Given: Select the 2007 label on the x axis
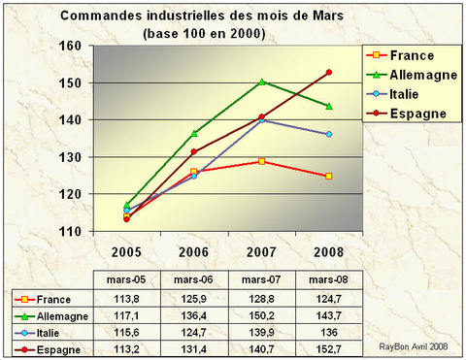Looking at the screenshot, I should (262, 248).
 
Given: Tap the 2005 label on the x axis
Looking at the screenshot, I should (127, 248).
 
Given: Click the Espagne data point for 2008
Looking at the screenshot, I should (329, 73).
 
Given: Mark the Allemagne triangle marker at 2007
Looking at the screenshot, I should (262, 82).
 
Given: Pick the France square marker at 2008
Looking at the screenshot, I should (329, 176).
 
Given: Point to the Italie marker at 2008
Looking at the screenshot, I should (329, 134).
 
